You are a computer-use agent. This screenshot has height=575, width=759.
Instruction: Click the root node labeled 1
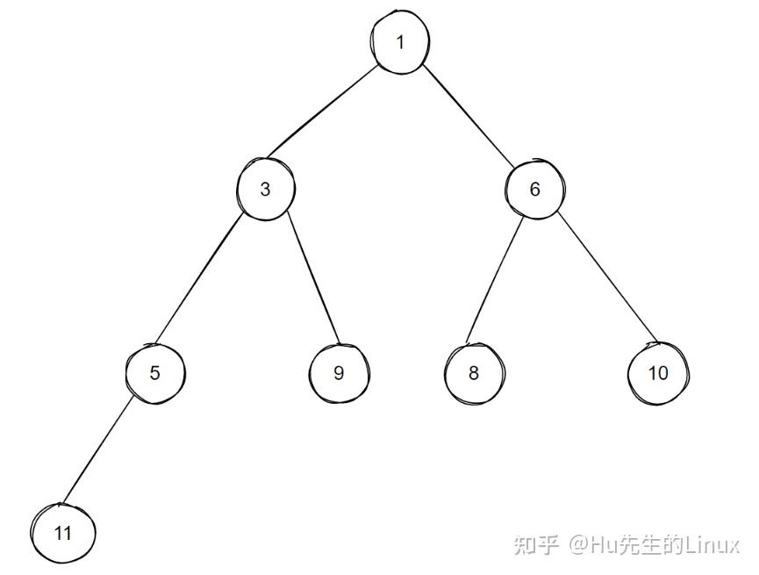click(400, 43)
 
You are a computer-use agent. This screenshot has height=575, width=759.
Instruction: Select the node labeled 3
click(265, 189)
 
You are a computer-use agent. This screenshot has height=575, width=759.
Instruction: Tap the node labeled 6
click(535, 189)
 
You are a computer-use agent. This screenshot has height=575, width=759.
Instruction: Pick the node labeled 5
click(154, 372)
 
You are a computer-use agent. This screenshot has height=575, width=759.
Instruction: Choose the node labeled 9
click(339, 372)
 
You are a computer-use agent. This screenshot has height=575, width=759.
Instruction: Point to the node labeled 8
click(474, 372)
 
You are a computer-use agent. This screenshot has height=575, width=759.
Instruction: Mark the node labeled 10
click(658, 372)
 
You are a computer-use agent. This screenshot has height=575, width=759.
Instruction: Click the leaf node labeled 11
click(62, 532)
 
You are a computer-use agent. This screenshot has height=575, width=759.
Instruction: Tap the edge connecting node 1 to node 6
click(469, 116)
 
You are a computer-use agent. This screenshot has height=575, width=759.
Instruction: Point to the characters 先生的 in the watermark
click(650, 545)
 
